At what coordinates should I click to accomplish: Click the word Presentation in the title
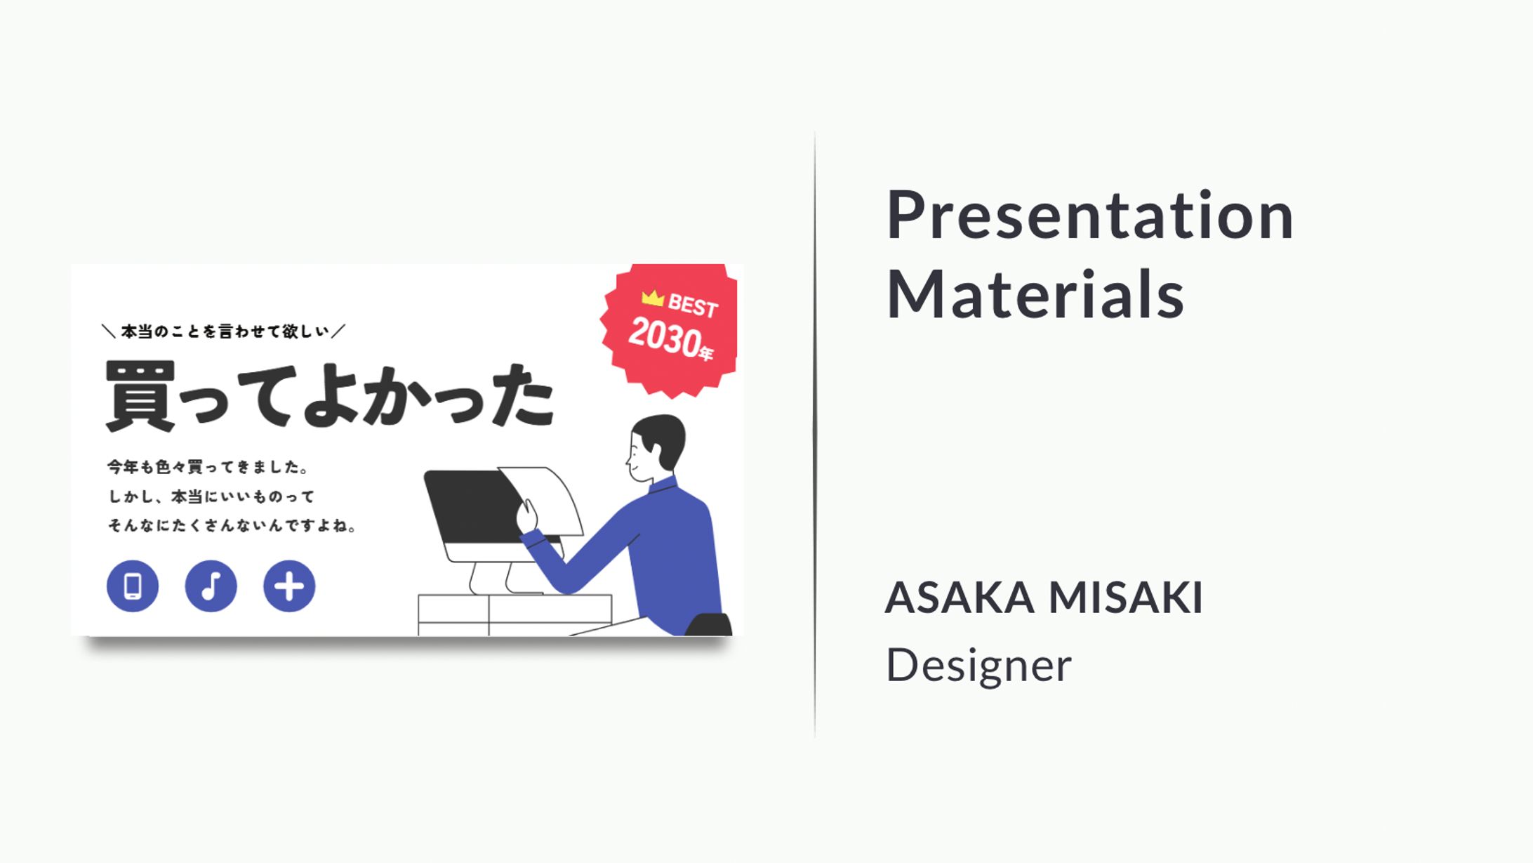click(x=1090, y=216)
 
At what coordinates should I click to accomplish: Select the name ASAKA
click(x=960, y=598)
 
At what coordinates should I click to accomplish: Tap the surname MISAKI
click(x=1125, y=598)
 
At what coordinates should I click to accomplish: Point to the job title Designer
click(x=978, y=665)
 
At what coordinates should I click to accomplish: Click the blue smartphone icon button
click(x=133, y=586)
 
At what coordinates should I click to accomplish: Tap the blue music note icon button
click(x=211, y=586)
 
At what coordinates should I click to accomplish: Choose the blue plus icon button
click(x=289, y=586)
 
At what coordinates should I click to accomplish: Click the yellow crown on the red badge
click(x=653, y=298)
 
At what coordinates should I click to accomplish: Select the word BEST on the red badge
click(x=693, y=306)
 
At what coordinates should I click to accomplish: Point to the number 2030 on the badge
click(x=663, y=337)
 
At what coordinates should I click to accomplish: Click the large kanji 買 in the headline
click(x=140, y=395)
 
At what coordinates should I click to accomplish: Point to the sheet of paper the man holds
click(x=545, y=499)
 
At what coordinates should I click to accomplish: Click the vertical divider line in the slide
click(x=815, y=434)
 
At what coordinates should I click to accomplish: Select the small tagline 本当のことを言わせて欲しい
click(x=225, y=331)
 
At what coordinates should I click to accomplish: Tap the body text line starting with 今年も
click(x=208, y=467)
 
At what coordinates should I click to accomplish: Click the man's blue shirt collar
click(x=662, y=485)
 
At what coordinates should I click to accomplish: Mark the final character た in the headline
click(x=522, y=395)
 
